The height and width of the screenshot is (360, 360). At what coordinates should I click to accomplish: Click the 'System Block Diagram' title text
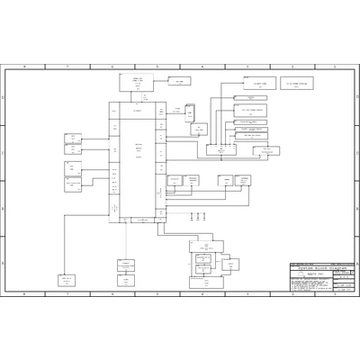(319, 268)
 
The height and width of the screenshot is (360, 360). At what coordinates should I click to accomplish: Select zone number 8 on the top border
(24, 67)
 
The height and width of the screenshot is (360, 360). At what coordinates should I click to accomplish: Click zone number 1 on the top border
(335, 67)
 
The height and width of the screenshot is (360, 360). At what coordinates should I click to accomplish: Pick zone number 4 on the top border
(202, 67)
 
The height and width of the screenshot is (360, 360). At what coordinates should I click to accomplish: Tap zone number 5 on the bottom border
(157, 293)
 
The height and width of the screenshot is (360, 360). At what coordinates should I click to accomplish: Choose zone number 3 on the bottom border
(246, 293)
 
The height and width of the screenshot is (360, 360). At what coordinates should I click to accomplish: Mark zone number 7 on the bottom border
(67, 293)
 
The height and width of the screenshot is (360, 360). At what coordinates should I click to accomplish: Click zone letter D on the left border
(4, 97)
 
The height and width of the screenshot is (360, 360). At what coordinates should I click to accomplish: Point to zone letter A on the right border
(355, 263)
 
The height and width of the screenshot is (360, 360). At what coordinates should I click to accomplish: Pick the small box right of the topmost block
(179, 81)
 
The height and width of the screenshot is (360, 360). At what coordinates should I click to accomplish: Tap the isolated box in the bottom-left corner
(67, 281)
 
